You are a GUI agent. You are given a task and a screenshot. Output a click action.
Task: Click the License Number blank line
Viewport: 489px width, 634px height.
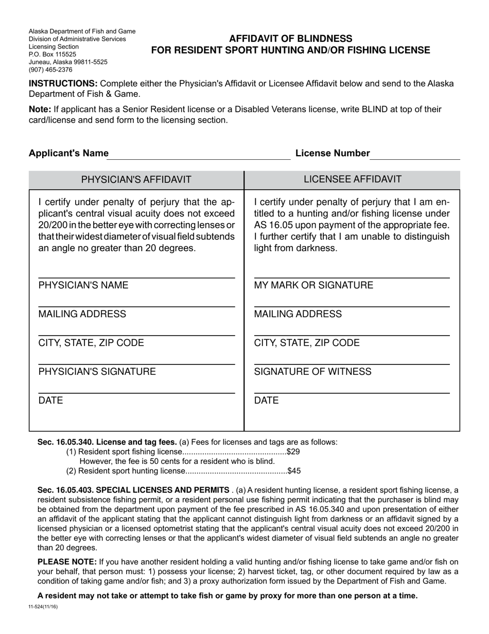(x=415, y=156)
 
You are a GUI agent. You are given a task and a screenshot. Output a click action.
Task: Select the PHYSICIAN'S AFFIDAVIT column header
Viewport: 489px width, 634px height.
(x=136, y=179)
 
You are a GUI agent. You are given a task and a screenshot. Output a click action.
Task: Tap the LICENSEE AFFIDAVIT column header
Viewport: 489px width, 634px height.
(x=353, y=179)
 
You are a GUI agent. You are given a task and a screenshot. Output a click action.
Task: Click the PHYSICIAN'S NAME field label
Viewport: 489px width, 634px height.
(x=83, y=286)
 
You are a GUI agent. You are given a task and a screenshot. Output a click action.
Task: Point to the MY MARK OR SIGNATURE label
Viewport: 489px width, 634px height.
(x=313, y=286)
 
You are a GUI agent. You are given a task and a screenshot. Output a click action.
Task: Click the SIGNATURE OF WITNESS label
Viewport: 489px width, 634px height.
(x=312, y=372)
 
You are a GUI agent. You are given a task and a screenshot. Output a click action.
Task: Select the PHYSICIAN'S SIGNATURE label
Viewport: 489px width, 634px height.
(x=97, y=372)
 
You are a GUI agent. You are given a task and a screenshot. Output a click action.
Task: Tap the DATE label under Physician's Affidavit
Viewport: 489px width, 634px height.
(x=50, y=401)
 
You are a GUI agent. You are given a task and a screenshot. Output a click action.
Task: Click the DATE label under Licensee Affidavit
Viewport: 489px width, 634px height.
(x=266, y=401)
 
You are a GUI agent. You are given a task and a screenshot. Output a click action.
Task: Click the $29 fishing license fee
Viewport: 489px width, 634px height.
(x=293, y=452)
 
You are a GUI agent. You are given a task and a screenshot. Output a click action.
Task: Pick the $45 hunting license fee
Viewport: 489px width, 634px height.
(x=294, y=471)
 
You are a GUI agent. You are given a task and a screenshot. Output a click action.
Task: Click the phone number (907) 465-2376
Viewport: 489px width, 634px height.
(x=50, y=70)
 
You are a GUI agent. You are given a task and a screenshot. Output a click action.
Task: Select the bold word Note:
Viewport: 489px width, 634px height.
(x=40, y=109)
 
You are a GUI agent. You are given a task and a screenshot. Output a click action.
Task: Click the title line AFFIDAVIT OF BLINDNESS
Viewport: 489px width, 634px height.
(x=290, y=39)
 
